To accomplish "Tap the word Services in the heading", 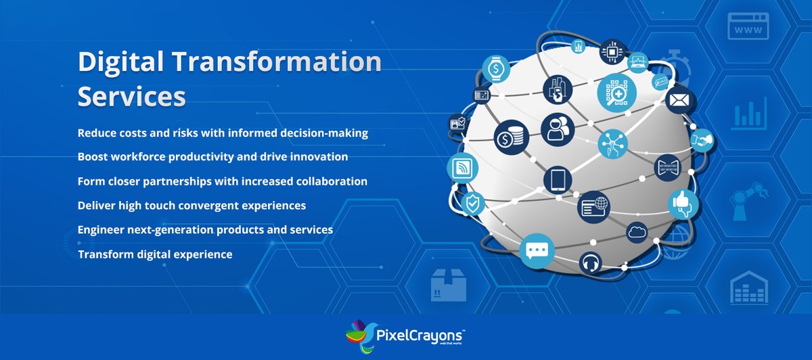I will tap(132, 96).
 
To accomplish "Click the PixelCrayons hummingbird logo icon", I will tap(361, 335).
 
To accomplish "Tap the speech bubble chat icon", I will tap(537, 250).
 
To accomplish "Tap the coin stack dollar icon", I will tap(510, 138).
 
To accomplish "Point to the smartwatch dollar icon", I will tap(496, 69).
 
